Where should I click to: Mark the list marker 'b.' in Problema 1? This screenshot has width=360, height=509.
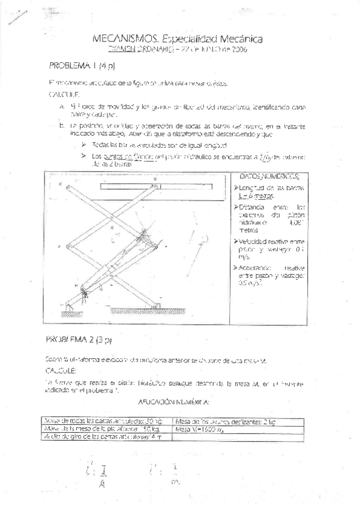[62, 126]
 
